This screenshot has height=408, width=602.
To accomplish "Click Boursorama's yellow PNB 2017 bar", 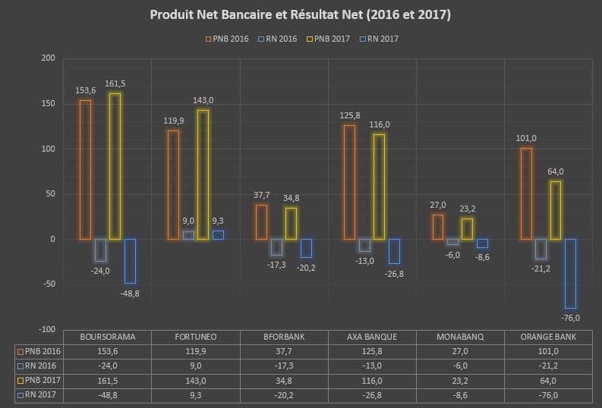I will tap(115, 166).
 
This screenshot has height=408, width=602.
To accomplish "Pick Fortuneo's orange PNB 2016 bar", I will tap(173, 185).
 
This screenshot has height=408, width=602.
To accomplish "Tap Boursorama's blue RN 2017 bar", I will tap(130, 261).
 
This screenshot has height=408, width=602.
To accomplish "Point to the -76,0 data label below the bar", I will tap(570, 317).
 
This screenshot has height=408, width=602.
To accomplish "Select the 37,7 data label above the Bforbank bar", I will tap(262, 195).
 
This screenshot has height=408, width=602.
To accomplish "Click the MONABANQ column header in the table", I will tap(461, 337).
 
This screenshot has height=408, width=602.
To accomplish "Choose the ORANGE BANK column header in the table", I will tap(549, 337).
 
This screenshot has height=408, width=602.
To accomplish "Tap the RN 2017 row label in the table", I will tap(39, 395).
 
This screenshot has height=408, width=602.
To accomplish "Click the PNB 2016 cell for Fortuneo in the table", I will tap(196, 351).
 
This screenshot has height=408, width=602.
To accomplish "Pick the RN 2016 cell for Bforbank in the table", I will tap(284, 366).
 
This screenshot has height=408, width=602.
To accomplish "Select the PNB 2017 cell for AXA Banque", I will tap(372, 381).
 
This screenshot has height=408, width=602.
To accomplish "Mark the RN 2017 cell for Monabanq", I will tap(461, 395).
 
